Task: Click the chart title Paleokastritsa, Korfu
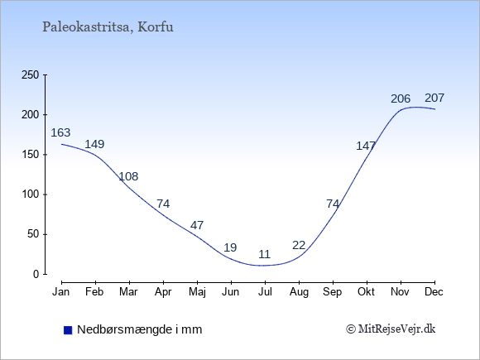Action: pyautogui.click(x=108, y=27)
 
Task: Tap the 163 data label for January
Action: pyautogui.click(x=60, y=132)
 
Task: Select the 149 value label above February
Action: pyautogui.click(x=94, y=144)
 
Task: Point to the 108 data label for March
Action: pyautogui.click(x=128, y=176)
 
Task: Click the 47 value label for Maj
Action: pyautogui.click(x=197, y=225)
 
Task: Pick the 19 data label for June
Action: pyautogui.click(x=230, y=247)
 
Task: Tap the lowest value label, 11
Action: pyautogui.click(x=265, y=254)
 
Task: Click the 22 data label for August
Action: pyautogui.click(x=299, y=245)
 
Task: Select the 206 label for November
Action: pyautogui.click(x=401, y=98)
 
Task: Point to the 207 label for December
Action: pyautogui.click(x=434, y=98)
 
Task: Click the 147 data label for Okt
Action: pyautogui.click(x=366, y=146)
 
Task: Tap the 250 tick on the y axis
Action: pyautogui.click(x=31, y=74)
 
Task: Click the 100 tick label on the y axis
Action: pyautogui.click(x=31, y=194)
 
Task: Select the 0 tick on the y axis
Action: pyautogui.click(x=36, y=274)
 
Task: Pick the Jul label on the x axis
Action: pyautogui.click(x=265, y=292)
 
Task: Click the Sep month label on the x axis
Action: pyautogui.click(x=333, y=292)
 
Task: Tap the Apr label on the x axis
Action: pyautogui.click(x=163, y=292)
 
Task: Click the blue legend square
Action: pyautogui.click(x=68, y=330)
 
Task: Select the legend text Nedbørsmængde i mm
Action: pyautogui.click(x=140, y=329)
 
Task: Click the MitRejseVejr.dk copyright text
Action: pyautogui.click(x=391, y=329)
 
